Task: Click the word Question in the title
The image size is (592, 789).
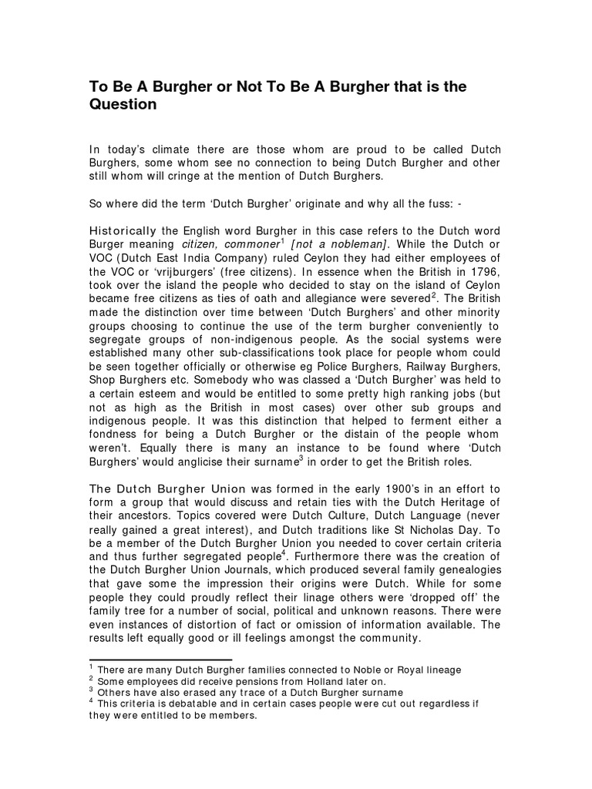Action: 123,105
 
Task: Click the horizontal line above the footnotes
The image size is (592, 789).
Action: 160,660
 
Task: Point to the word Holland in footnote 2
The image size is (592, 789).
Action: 305,681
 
